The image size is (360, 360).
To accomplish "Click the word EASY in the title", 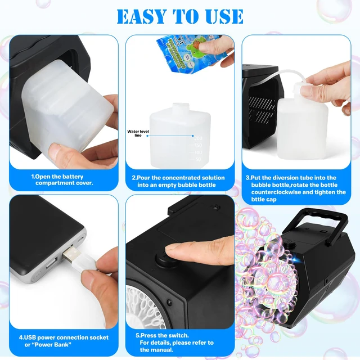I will (x=145, y=16).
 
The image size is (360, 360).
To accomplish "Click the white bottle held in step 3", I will (x=304, y=118).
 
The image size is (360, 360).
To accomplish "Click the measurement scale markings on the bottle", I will (x=197, y=147).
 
